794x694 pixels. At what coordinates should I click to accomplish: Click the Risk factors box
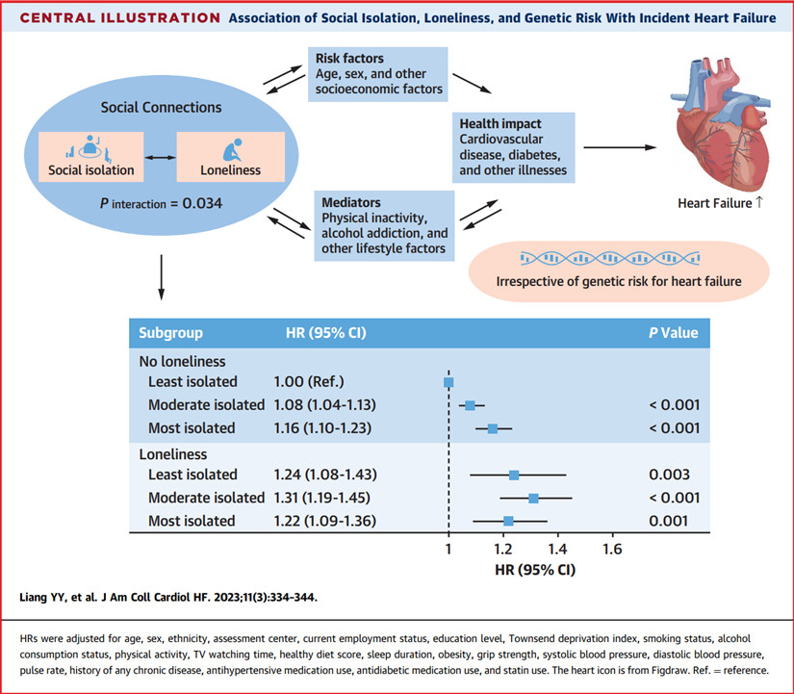pos(378,74)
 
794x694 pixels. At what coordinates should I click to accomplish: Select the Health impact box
pos(514,147)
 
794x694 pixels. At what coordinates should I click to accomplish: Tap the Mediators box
pos(384,226)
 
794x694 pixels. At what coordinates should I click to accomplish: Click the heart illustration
pos(721,123)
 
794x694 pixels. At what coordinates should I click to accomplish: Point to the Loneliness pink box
pos(230,157)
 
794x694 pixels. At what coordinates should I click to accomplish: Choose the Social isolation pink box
pos(91,157)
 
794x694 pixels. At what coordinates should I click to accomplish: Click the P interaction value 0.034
pos(202,204)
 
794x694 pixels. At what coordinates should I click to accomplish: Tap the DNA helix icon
pos(610,258)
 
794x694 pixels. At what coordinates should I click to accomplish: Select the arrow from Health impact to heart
pos(621,147)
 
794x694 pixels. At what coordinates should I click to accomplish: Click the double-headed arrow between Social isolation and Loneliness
pos(160,158)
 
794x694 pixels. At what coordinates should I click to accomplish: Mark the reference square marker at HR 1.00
pos(448,382)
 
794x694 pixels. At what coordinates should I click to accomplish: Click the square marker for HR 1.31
pos(533,499)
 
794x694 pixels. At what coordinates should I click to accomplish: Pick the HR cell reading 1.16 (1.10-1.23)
pos(322,428)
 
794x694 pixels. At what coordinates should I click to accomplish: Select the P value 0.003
pos(669,475)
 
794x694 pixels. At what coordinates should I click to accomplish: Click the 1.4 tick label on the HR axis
pos(557,549)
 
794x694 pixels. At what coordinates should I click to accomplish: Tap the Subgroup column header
pos(170,333)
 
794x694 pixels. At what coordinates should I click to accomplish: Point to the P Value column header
pos(674,333)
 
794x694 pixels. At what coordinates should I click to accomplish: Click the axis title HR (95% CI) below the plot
pos(535,570)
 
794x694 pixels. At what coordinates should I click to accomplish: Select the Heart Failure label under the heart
pos(715,204)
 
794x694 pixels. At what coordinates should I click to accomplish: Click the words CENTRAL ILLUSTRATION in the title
pos(120,18)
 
